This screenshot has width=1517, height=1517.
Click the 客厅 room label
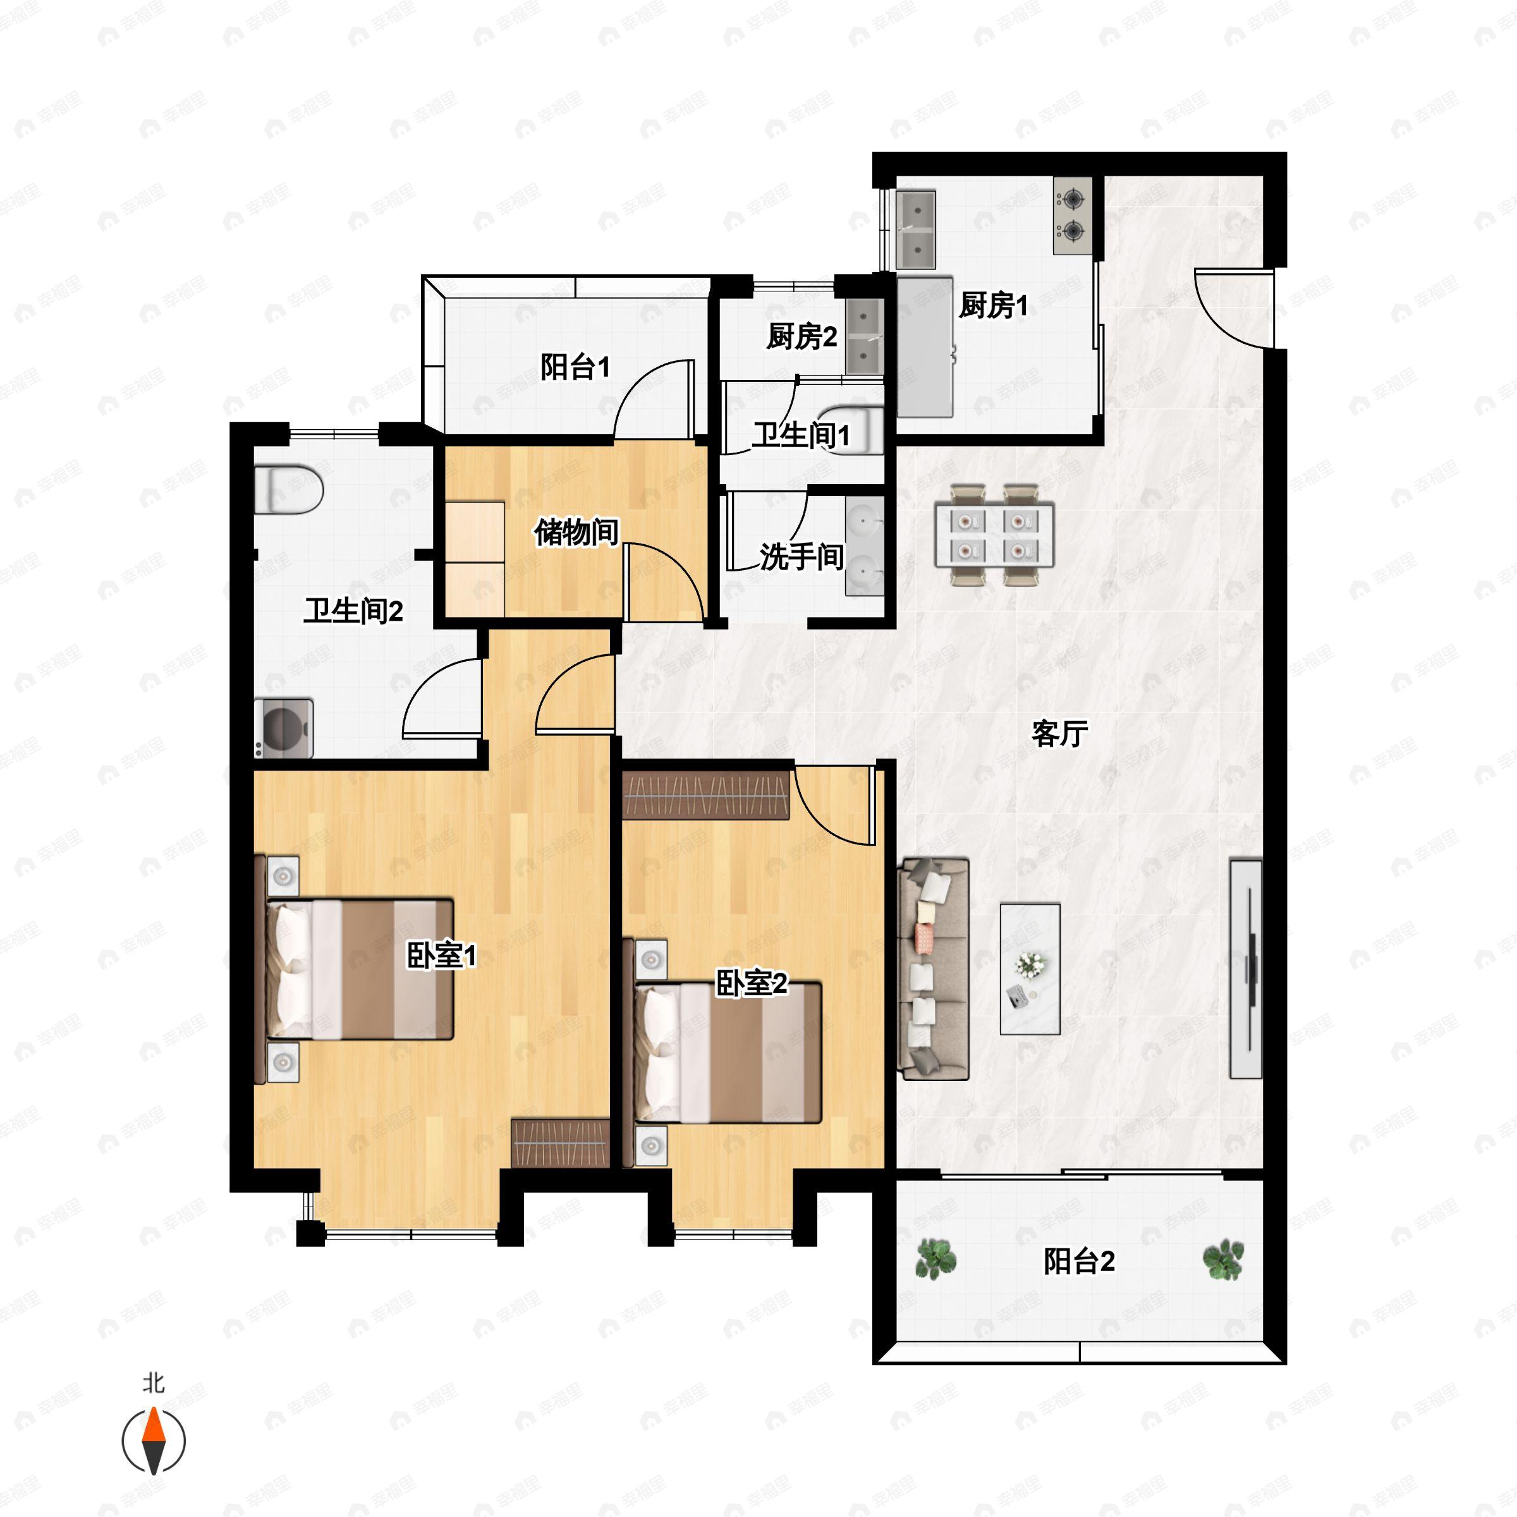pos(1059,733)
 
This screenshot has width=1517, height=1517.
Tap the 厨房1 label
pos(993,305)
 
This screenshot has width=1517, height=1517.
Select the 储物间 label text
pos(576,532)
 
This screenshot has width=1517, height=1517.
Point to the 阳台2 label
pos(1079,1261)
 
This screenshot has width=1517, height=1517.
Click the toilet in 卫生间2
pos(289,489)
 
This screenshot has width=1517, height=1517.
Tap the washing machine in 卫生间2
pos(284,729)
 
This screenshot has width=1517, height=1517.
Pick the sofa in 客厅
pos(934,968)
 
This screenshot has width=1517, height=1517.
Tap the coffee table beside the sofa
pos(1030,968)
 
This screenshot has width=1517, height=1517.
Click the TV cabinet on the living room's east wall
pos(1245,969)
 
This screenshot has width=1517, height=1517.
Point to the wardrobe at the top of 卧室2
pos(705,795)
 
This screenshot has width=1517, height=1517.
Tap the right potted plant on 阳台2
pos(1223,1260)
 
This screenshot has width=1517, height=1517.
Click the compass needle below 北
pos(154,1441)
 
